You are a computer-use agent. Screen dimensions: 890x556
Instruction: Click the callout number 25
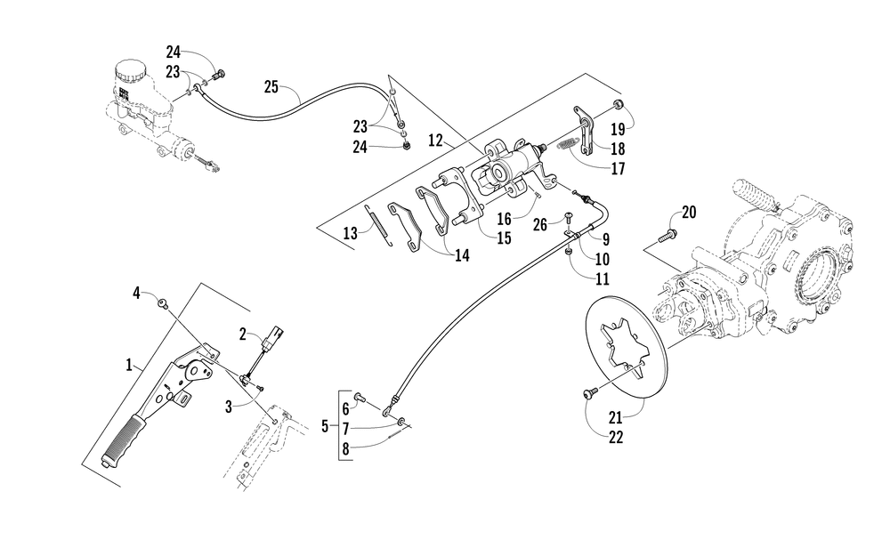click(x=271, y=87)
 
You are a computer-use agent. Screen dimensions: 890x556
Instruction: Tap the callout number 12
click(x=435, y=140)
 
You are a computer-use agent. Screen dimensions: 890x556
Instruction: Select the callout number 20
click(x=689, y=213)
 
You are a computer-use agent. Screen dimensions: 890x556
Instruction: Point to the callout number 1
click(x=129, y=366)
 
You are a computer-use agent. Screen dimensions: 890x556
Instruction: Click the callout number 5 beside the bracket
click(x=325, y=426)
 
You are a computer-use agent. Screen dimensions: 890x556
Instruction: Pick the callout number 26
click(x=540, y=225)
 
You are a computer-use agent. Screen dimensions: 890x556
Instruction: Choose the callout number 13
click(x=350, y=232)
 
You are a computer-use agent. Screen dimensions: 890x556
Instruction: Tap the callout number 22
click(x=616, y=437)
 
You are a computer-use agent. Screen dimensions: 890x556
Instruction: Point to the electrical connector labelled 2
click(x=274, y=334)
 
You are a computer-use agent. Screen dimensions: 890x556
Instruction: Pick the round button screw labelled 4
click(x=163, y=303)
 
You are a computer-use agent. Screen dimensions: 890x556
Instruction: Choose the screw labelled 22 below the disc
click(x=587, y=393)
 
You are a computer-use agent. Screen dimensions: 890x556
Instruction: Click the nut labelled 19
click(x=619, y=104)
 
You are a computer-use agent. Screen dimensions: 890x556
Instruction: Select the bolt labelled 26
click(x=570, y=217)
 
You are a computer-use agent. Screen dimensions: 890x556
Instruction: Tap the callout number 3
click(x=229, y=407)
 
